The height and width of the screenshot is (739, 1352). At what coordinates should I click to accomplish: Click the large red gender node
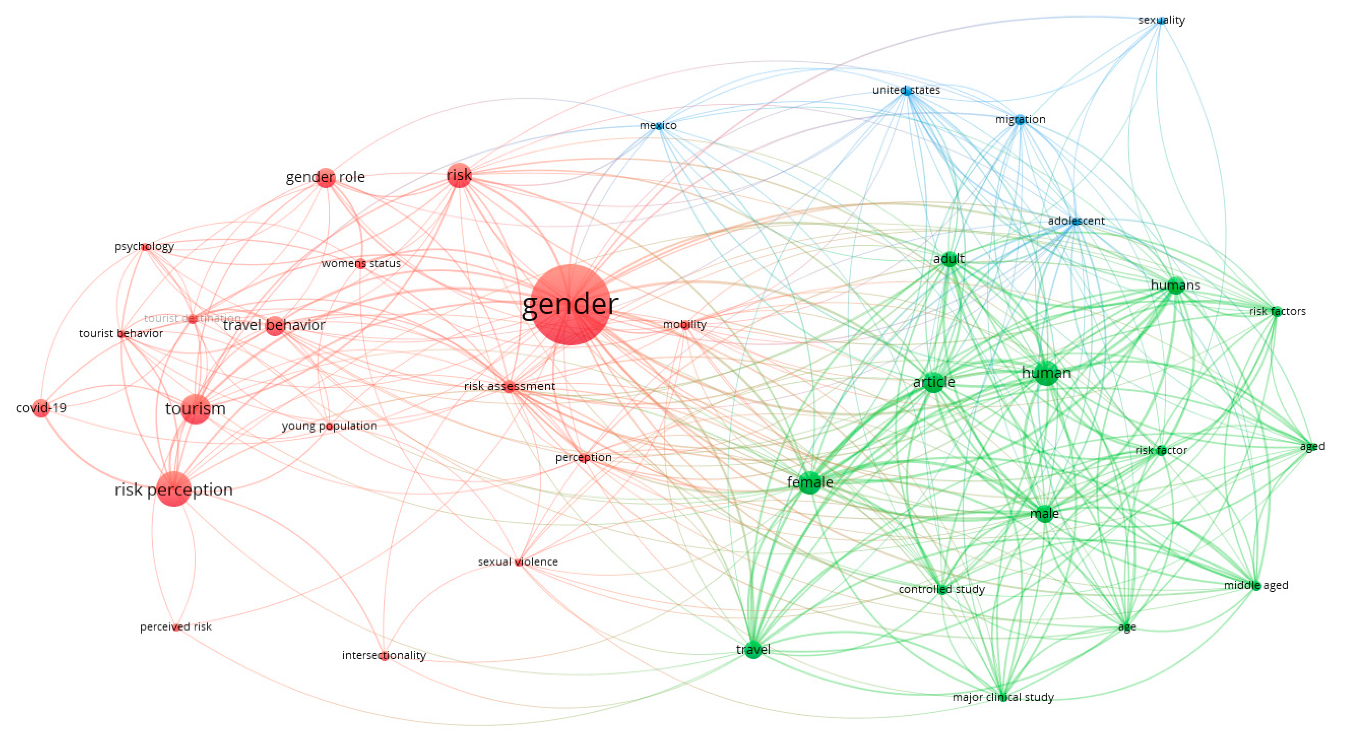(570, 305)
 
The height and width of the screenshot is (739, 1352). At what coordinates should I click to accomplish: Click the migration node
(1020, 120)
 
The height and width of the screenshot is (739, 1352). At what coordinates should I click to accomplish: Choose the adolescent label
(1076, 221)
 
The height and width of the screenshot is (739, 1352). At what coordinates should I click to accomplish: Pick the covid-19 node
(41, 408)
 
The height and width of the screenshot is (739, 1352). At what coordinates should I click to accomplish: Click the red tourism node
(196, 409)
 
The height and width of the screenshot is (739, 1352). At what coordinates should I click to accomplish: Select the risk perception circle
(174, 489)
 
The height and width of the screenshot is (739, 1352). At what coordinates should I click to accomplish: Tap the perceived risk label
(176, 627)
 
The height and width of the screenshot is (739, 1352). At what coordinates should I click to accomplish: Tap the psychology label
(144, 246)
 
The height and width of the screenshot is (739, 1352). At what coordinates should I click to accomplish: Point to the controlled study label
(942, 589)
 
